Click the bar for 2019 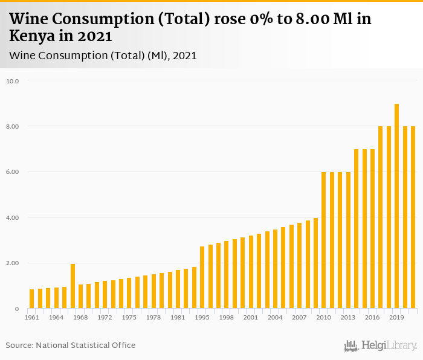click(x=396, y=207)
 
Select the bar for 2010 click(x=324, y=240)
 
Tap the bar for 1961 click(x=32, y=299)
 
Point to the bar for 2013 click(x=348, y=240)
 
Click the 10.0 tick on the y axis click(x=12, y=81)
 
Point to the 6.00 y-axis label click(x=12, y=172)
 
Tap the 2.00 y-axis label click(x=12, y=263)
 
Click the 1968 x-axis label click(x=80, y=318)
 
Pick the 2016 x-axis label click(x=372, y=318)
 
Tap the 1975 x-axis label click(x=129, y=318)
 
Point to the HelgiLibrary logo click(x=381, y=346)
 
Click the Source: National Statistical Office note click(x=71, y=346)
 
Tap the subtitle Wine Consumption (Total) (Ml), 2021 click(x=103, y=56)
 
